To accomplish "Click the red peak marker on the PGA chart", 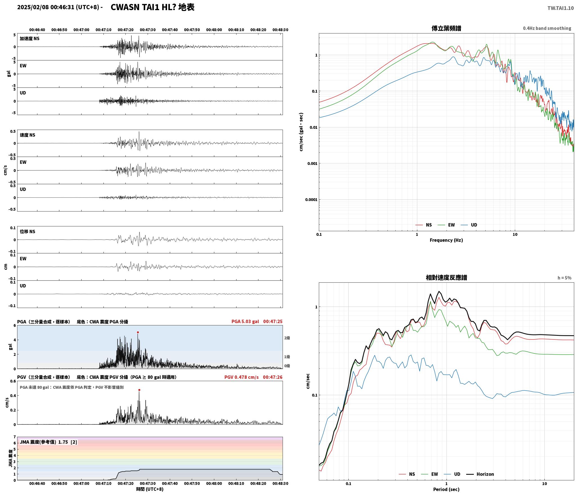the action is coord(138,332).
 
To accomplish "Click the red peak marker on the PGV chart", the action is coord(139,390).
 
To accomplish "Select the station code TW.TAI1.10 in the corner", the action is coord(560,8).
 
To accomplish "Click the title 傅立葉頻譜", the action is coord(446,28).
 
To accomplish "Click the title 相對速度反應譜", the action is coord(446,278).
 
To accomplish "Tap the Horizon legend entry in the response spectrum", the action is coord(480,474).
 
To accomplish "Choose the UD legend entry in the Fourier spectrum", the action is coord(469,225).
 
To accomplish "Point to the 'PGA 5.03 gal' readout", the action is coord(245,321).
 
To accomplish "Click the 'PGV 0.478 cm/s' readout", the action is coord(241,377).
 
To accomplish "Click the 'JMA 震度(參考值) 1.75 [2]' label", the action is coord(48,442).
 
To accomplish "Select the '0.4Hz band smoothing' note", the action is coord(547,28).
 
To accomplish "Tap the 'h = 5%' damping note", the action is coord(564,278).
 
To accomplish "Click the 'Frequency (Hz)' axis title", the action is coord(446,240).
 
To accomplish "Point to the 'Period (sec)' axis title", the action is coord(446,489).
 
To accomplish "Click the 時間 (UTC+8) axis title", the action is coord(150,489).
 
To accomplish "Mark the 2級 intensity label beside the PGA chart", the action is coord(287,338).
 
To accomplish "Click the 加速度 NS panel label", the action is coord(30,39).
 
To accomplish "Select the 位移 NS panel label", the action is coord(28,231).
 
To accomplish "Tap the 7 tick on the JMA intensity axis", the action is coord(15,437).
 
